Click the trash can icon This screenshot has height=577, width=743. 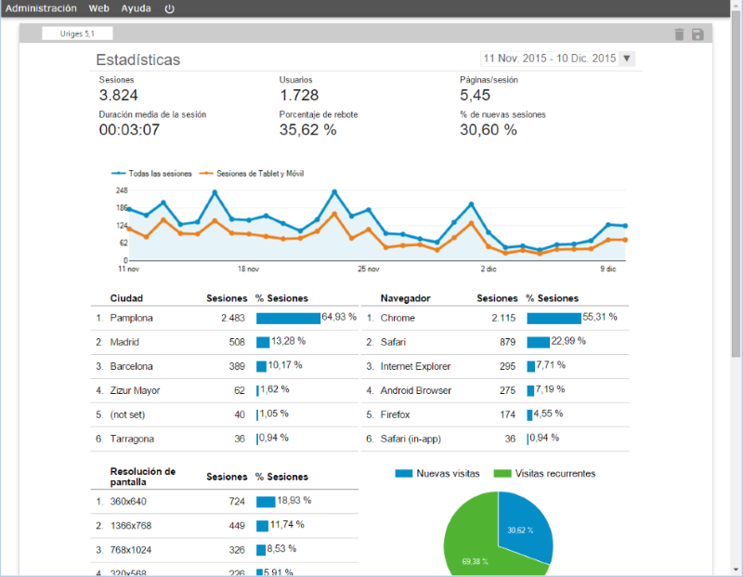click(679, 34)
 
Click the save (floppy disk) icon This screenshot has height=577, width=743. click(697, 34)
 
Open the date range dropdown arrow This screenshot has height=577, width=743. click(626, 59)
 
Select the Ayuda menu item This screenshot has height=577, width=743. click(136, 8)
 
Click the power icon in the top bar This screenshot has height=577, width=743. click(169, 8)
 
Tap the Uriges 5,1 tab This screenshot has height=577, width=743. click(77, 33)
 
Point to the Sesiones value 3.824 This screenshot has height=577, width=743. click(119, 96)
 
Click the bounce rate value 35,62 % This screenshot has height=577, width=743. click(308, 129)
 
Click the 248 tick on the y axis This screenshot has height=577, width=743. click(122, 190)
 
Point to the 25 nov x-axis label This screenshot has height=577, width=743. click(368, 269)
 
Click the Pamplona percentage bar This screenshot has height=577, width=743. click(288, 318)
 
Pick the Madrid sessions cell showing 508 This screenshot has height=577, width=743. click(237, 342)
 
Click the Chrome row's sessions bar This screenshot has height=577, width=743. click(554, 318)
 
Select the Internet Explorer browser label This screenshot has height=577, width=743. click(415, 366)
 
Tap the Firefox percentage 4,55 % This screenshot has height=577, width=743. click(548, 413)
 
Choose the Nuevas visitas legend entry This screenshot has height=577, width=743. click(437, 473)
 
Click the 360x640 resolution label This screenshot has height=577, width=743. click(128, 502)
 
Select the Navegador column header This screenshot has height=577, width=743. click(405, 298)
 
